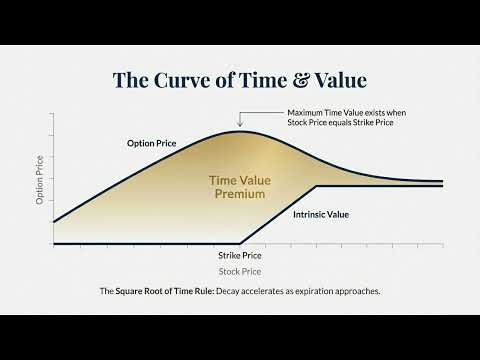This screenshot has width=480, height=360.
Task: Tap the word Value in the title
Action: pyautogui.click(x=342, y=79)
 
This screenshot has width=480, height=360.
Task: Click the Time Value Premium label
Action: pyautogui.click(x=239, y=187)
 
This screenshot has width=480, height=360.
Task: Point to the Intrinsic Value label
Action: pyautogui.click(x=320, y=214)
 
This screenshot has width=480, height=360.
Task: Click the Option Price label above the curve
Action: pyautogui.click(x=152, y=144)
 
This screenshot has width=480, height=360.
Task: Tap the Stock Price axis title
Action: pyautogui.click(x=239, y=271)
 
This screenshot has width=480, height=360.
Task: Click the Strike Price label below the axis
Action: pyautogui.click(x=239, y=255)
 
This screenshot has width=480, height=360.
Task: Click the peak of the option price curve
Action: pyautogui.click(x=240, y=131)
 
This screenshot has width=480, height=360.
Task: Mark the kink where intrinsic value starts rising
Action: pyautogui.click(x=240, y=243)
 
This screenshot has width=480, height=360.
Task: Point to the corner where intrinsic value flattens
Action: pyautogui.click(x=316, y=186)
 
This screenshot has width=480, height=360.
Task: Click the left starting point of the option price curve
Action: pyautogui.click(x=53, y=222)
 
